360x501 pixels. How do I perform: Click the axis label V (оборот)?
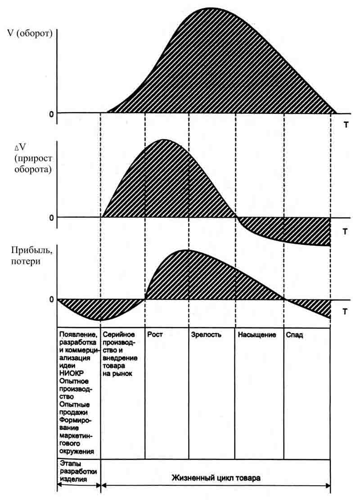(x=28, y=34)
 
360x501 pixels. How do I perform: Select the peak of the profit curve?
(x=186, y=250)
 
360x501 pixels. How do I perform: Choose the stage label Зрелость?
(x=207, y=335)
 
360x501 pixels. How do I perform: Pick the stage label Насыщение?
(x=256, y=335)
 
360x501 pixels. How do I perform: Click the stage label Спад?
(x=294, y=335)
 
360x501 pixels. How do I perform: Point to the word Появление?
(x=78, y=335)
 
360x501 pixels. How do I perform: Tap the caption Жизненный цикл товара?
(x=216, y=478)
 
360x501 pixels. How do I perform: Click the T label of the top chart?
(x=346, y=125)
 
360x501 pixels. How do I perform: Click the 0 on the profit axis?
(x=52, y=299)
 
